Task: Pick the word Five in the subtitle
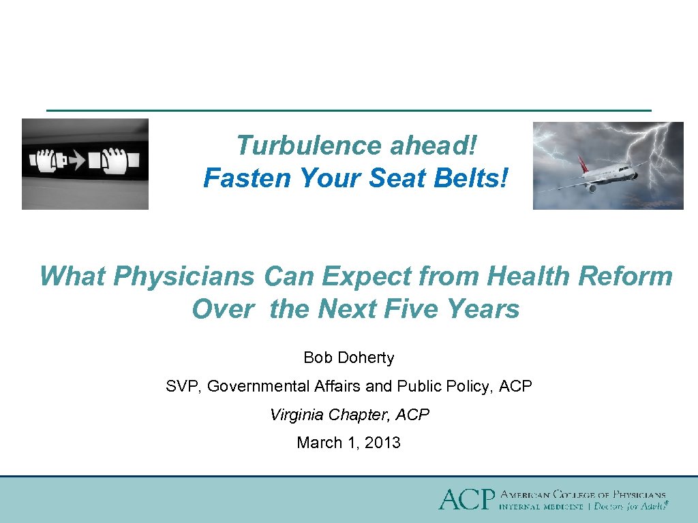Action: point(412,309)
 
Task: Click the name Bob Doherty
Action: point(349,358)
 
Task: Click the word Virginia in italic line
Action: point(297,415)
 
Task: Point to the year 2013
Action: point(382,443)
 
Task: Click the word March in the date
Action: point(318,443)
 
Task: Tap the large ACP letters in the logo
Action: point(466,499)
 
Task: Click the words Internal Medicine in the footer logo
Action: point(541,506)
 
